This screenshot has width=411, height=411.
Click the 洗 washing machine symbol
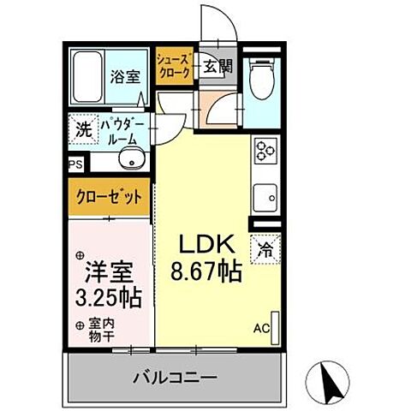(81, 130)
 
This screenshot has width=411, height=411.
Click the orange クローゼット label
(107, 196)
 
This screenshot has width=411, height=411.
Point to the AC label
(259, 327)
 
